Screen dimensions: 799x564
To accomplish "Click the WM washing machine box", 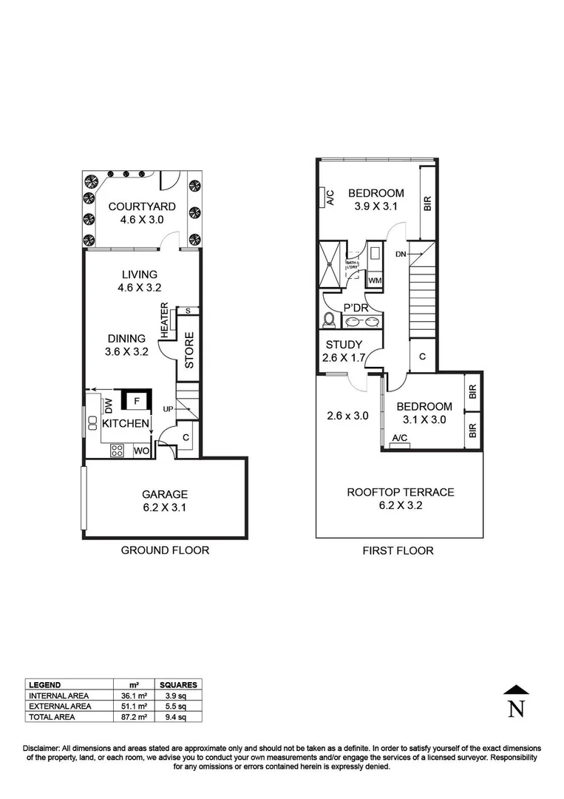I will tap(375, 280).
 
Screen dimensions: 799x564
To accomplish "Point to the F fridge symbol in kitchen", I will tap(135, 401).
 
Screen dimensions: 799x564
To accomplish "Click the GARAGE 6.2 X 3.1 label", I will tap(165, 501).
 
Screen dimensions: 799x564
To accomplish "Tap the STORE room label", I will tap(188, 351).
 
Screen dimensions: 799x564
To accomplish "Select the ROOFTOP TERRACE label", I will tap(400, 492).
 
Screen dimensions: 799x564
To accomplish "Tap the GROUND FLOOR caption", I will tap(165, 550).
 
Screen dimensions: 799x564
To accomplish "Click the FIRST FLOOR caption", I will tap(398, 550).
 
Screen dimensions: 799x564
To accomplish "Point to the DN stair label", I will tap(401, 254).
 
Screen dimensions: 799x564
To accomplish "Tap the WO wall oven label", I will tap(140, 450).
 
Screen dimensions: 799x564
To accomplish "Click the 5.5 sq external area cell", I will tap(177, 707).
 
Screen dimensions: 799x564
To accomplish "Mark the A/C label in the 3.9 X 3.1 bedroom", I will tap(330, 198).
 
